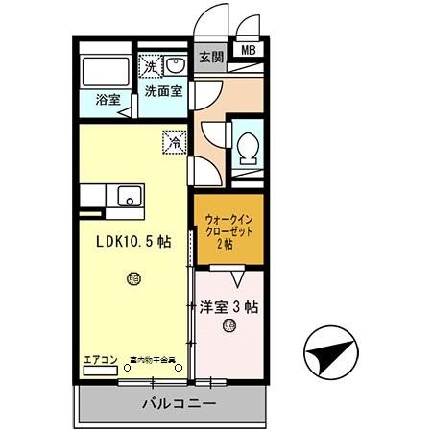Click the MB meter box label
(248, 51)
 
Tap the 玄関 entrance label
(210, 56)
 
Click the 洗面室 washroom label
(163, 92)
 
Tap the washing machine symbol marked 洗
(151, 65)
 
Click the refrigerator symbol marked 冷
(175, 141)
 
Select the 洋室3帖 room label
(228, 308)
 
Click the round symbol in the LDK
(132, 278)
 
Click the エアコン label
(100, 360)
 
